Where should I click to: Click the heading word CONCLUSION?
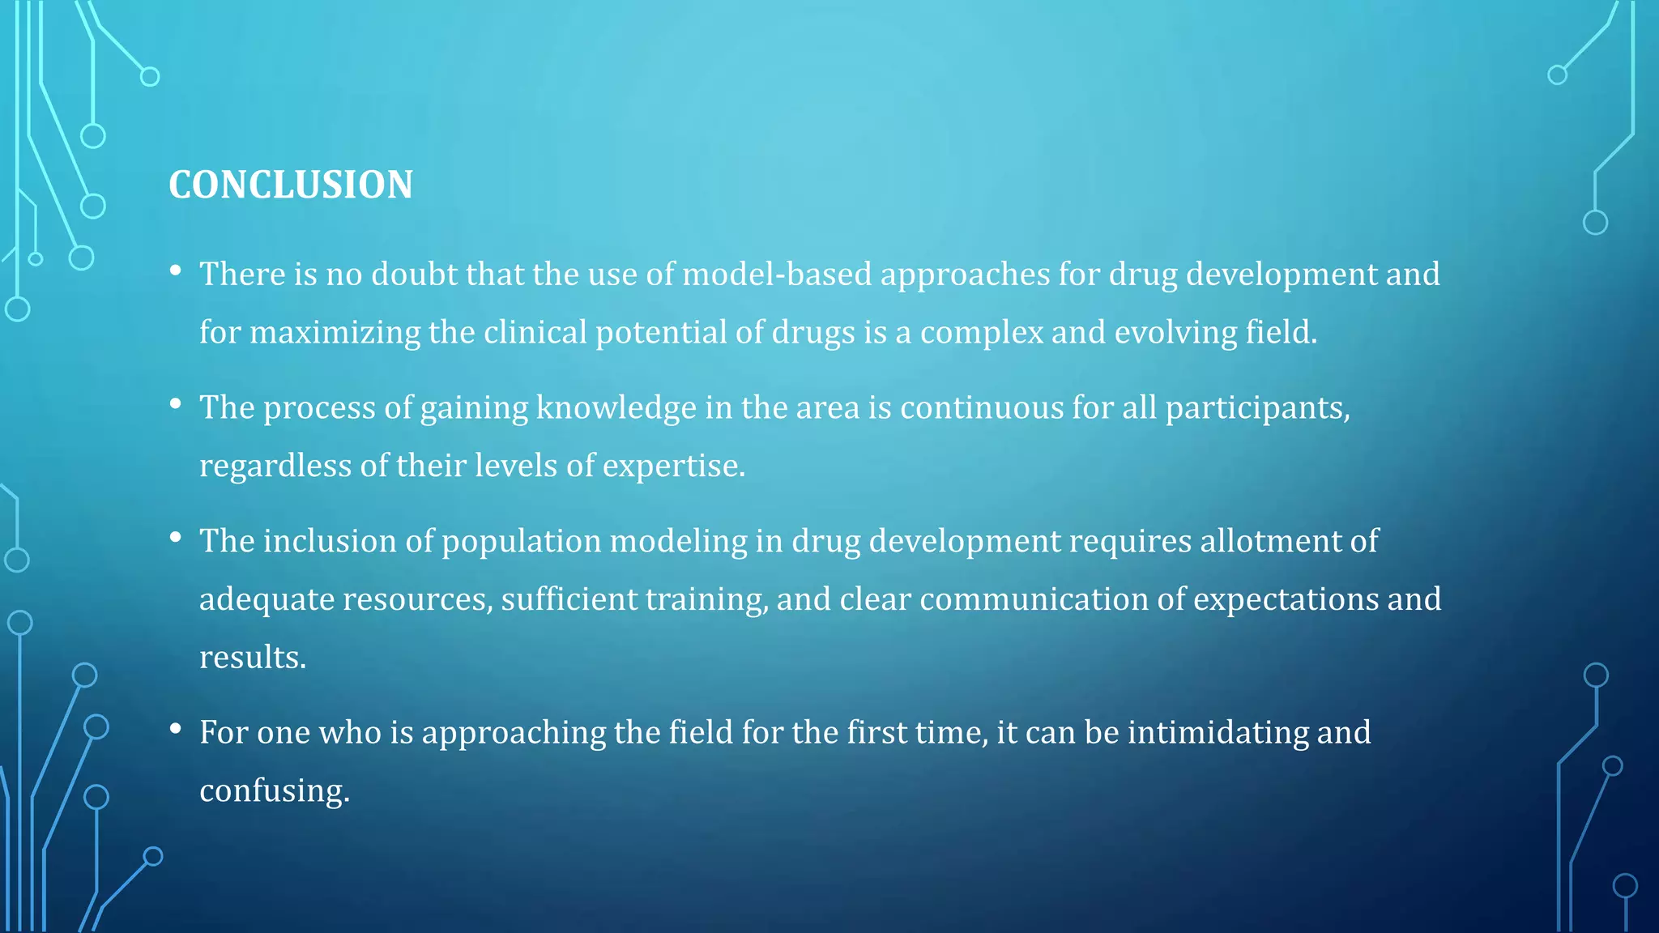[291, 185]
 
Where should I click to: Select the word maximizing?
[335, 333]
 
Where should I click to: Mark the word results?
[252, 658]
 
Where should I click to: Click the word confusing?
[274, 791]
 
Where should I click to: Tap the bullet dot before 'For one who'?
[176, 729]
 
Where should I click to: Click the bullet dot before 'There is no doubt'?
[176, 271]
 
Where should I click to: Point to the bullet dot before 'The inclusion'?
[176, 538]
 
